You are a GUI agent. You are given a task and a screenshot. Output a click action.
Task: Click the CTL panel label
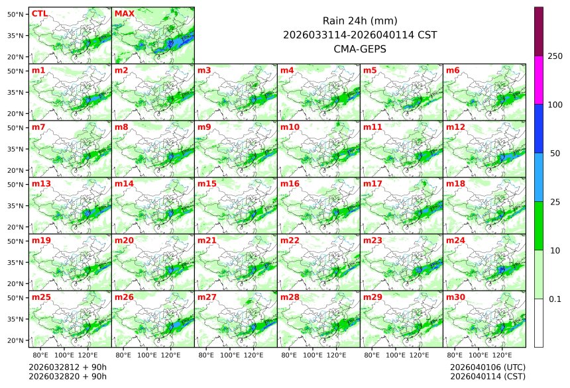[x=40, y=13]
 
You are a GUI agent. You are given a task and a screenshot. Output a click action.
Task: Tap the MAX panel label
[x=124, y=13]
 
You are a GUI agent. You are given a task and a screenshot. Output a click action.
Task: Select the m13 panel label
[x=41, y=183]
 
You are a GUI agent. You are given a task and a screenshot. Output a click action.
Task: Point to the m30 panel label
[x=455, y=297]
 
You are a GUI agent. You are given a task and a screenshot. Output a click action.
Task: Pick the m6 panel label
[x=453, y=70]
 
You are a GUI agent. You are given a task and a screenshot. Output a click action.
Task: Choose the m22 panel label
[x=290, y=240]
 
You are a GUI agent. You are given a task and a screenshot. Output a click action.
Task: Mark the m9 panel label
[x=204, y=127]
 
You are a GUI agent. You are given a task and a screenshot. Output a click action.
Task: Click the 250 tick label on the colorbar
[x=555, y=56]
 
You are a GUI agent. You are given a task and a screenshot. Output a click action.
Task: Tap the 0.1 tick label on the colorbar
[x=555, y=299]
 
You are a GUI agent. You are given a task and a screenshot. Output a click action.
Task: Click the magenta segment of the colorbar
[x=539, y=80]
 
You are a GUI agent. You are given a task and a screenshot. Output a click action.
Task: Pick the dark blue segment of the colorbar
[x=539, y=128]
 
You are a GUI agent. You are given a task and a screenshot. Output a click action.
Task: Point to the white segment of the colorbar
[x=539, y=323]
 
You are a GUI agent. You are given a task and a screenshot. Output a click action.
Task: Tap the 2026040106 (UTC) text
[x=487, y=367]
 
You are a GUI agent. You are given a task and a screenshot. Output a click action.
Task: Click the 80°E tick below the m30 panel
[x=455, y=356]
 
